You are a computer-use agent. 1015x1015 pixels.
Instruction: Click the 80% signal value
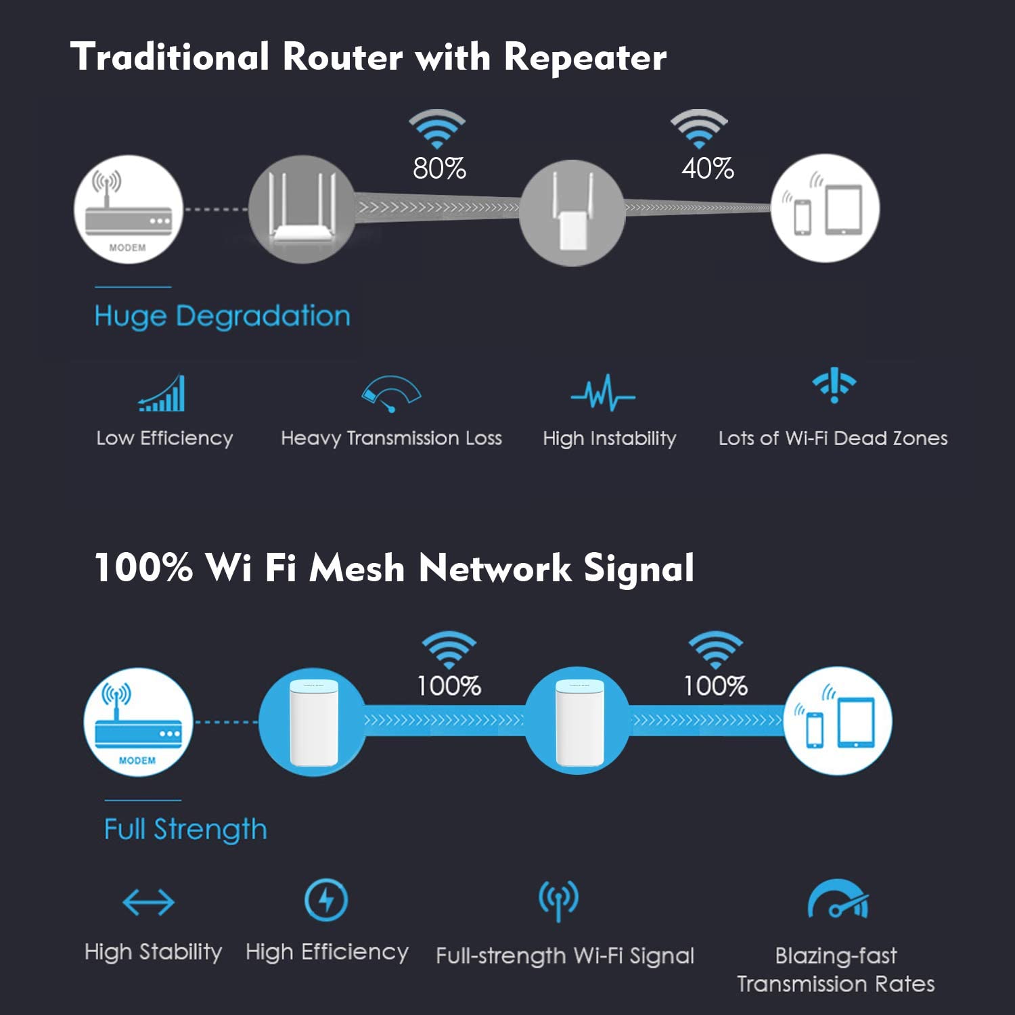[x=439, y=168]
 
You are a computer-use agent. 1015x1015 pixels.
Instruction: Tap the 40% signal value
[x=708, y=168]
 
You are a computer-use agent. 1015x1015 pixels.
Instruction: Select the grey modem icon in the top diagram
[x=128, y=210]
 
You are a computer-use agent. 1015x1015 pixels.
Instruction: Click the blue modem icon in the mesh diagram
[x=138, y=722]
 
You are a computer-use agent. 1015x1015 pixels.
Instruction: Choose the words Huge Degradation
[x=222, y=317]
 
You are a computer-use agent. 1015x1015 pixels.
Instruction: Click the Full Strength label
[x=185, y=830]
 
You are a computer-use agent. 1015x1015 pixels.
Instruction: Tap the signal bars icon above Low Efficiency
[x=162, y=394]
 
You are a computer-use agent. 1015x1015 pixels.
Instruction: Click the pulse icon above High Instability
[x=603, y=393]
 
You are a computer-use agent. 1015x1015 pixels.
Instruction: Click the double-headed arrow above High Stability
[x=149, y=902]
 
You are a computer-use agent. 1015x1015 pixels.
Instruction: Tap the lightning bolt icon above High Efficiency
[x=326, y=900]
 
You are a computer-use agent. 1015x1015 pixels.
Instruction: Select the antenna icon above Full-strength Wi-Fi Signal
[x=558, y=901]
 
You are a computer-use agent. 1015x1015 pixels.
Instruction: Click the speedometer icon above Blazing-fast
[x=838, y=901]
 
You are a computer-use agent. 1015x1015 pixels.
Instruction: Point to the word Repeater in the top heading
[x=585, y=57]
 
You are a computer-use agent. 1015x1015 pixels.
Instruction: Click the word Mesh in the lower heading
[x=357, y=568]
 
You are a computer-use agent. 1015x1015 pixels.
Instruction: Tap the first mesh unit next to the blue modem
[x=313, y=722]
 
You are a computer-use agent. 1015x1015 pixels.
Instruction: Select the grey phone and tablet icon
[x=825, y=209]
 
